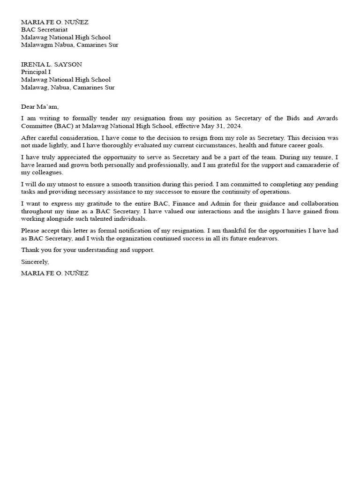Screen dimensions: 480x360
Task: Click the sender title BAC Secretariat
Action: tap(45, 30)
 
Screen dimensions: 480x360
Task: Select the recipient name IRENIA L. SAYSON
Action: tap(52, 64)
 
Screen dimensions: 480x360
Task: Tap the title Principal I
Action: tap(36, 72)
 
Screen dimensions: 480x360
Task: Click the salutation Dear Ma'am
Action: tap(40, 106)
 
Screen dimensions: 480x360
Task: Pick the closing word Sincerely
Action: tap(35, 262)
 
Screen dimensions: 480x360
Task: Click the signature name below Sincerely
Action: tap(54, 273)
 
